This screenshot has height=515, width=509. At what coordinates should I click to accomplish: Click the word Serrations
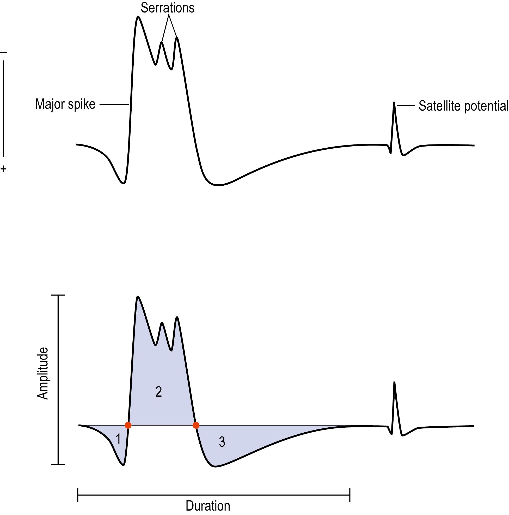[x=167, y=8]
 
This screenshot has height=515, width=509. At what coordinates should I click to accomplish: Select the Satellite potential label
[x=463, y=106]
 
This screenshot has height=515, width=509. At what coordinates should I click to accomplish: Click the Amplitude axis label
[x=43, y=373]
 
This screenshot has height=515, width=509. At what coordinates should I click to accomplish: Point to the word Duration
[x=208, y=506]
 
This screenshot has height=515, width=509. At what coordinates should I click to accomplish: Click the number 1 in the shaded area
[x=118, y=439]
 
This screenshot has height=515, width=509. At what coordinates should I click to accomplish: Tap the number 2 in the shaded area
[x=158, y=392]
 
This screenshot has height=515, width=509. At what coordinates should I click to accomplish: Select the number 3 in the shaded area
[x=222, y=442]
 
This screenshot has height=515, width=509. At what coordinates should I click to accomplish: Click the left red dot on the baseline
[x=128, y=425]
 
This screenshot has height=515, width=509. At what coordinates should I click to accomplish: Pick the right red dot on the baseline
[x=196, y=425]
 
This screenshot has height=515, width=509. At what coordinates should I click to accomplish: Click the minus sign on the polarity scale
[x=3, y=52]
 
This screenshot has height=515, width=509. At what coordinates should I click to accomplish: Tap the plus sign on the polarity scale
[x=3, y=168]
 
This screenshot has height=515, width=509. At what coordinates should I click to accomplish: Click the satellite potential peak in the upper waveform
[x=394, y=103]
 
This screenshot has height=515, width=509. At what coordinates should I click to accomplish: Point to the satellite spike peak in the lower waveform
[x=394, y=383]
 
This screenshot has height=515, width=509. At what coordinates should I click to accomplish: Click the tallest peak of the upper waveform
[x=138, y=17]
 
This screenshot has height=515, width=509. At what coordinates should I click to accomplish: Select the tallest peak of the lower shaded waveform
[x=137, y=297]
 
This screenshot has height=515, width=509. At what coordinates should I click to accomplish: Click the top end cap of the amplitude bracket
[x=58, y=295]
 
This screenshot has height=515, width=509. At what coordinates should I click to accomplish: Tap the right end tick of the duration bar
[x=350, y=495]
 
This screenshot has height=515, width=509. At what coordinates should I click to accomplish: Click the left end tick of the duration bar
[x=78, y=495]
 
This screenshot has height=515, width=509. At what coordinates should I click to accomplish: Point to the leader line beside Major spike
[x=114, y=104]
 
